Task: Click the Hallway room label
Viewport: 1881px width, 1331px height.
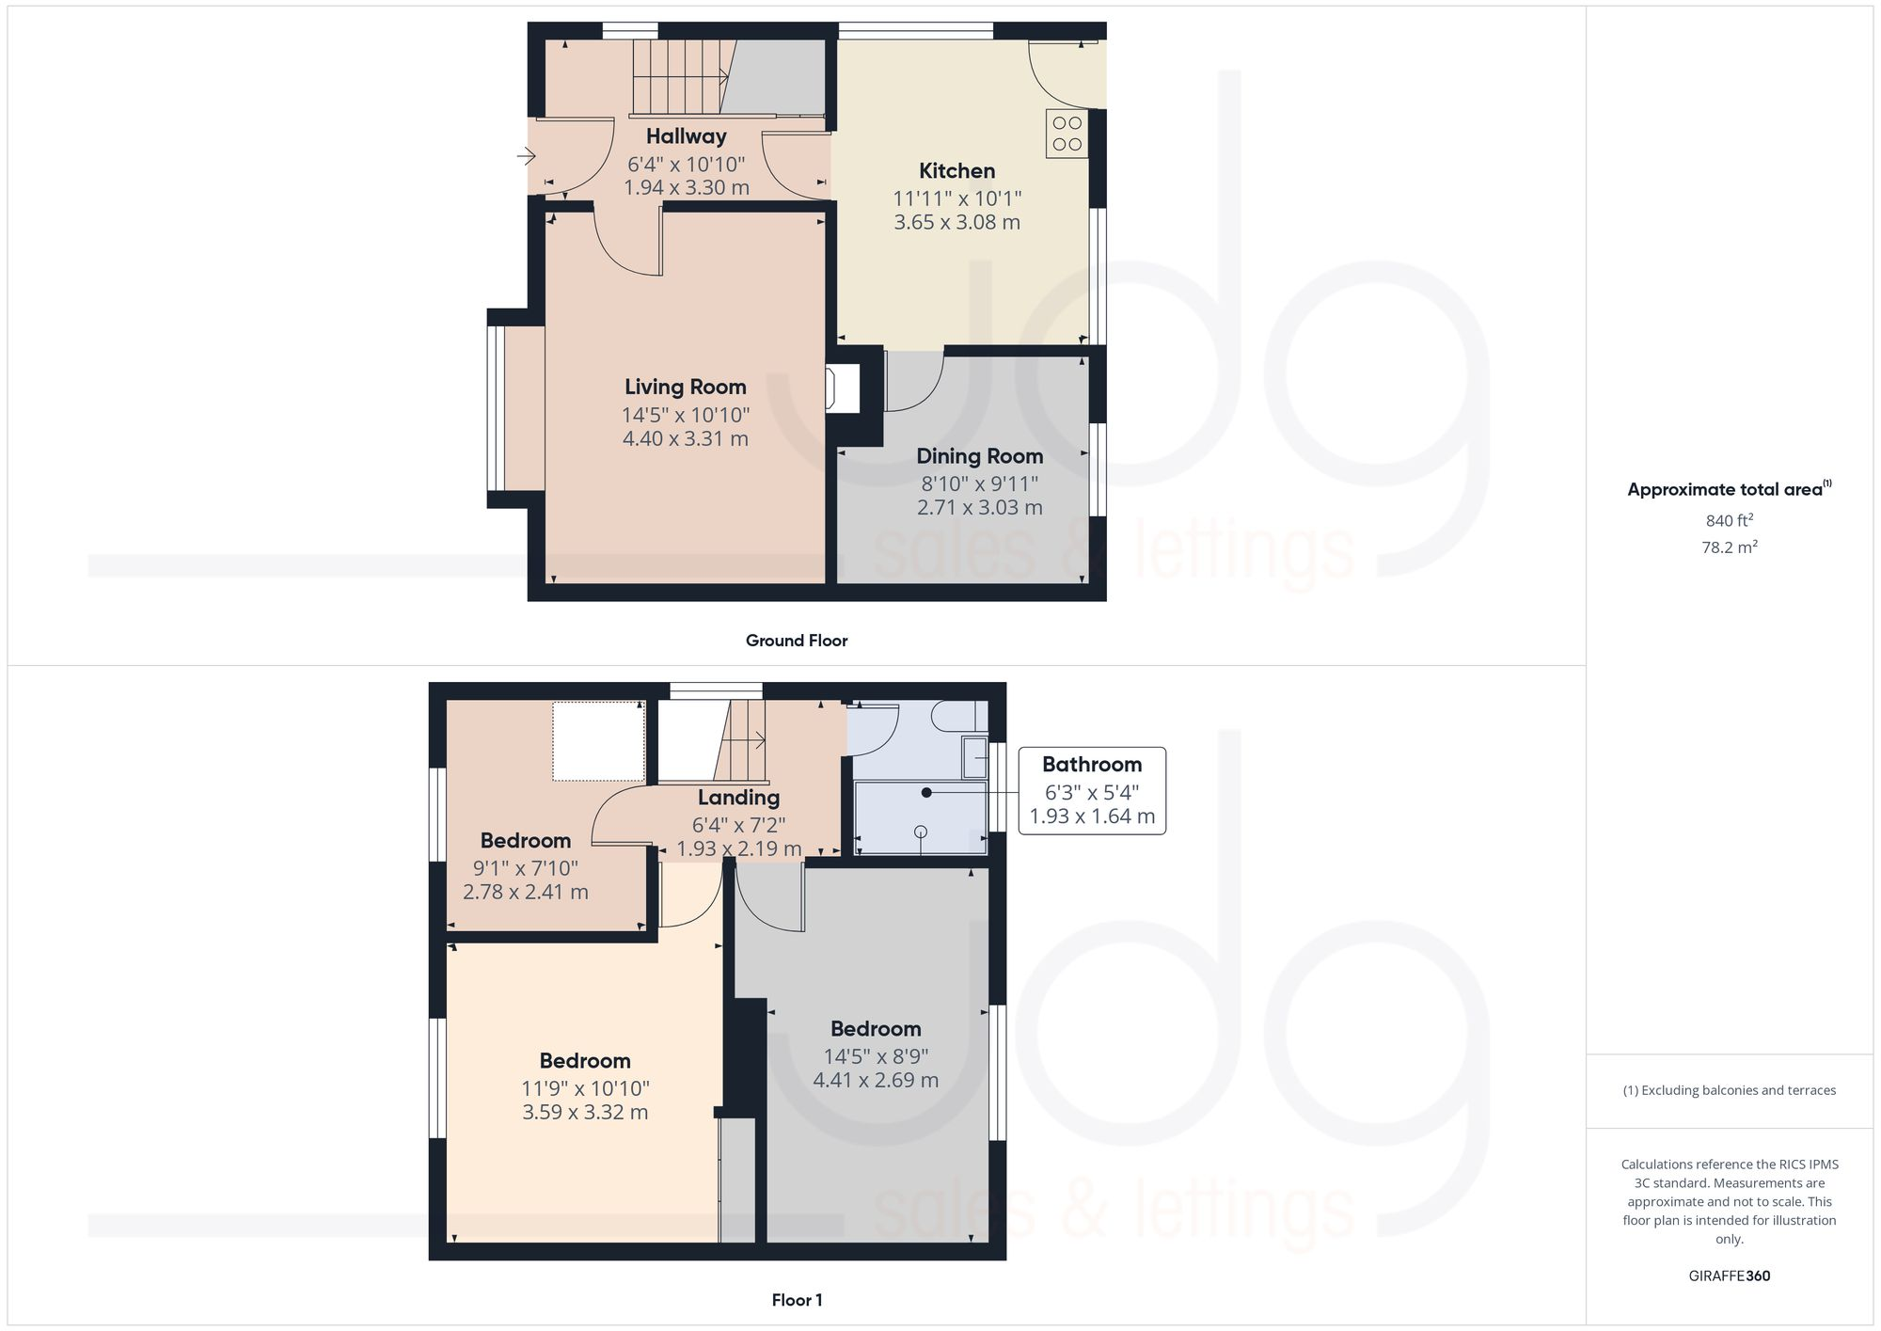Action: coord(686,136)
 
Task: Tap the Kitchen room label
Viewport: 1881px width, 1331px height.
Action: coord(956,171)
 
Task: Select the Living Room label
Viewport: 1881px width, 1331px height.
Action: coord(685,387)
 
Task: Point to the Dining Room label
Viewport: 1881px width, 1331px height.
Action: coord(979,456)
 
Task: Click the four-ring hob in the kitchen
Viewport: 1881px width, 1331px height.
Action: coord(1067,134)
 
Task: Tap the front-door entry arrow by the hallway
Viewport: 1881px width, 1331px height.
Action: coord(526,155)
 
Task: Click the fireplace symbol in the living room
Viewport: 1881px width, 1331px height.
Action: coord(842,388)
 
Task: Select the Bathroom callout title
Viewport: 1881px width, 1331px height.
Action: coord(1091,765)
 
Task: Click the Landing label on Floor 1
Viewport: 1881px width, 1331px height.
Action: coord(738,798)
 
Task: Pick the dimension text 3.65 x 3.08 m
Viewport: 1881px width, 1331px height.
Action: coord(956,223)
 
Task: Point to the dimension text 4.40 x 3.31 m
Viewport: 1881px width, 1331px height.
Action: coord(685,438)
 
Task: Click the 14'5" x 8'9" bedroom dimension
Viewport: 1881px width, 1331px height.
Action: coord(876,1056)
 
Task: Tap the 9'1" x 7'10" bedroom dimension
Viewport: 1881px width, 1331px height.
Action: coord(525,868)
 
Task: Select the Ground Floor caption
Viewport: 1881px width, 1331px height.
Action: coord(797,641)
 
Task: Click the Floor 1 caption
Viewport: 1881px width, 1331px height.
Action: coord(797,1300)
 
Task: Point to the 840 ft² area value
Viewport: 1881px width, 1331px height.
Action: coord(1729,520)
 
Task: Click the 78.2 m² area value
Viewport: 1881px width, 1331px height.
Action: coord(1729,547)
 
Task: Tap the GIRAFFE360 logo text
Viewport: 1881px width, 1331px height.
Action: coord(1729,1276)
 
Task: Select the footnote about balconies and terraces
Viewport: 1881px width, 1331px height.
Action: coord(1729,1091)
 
